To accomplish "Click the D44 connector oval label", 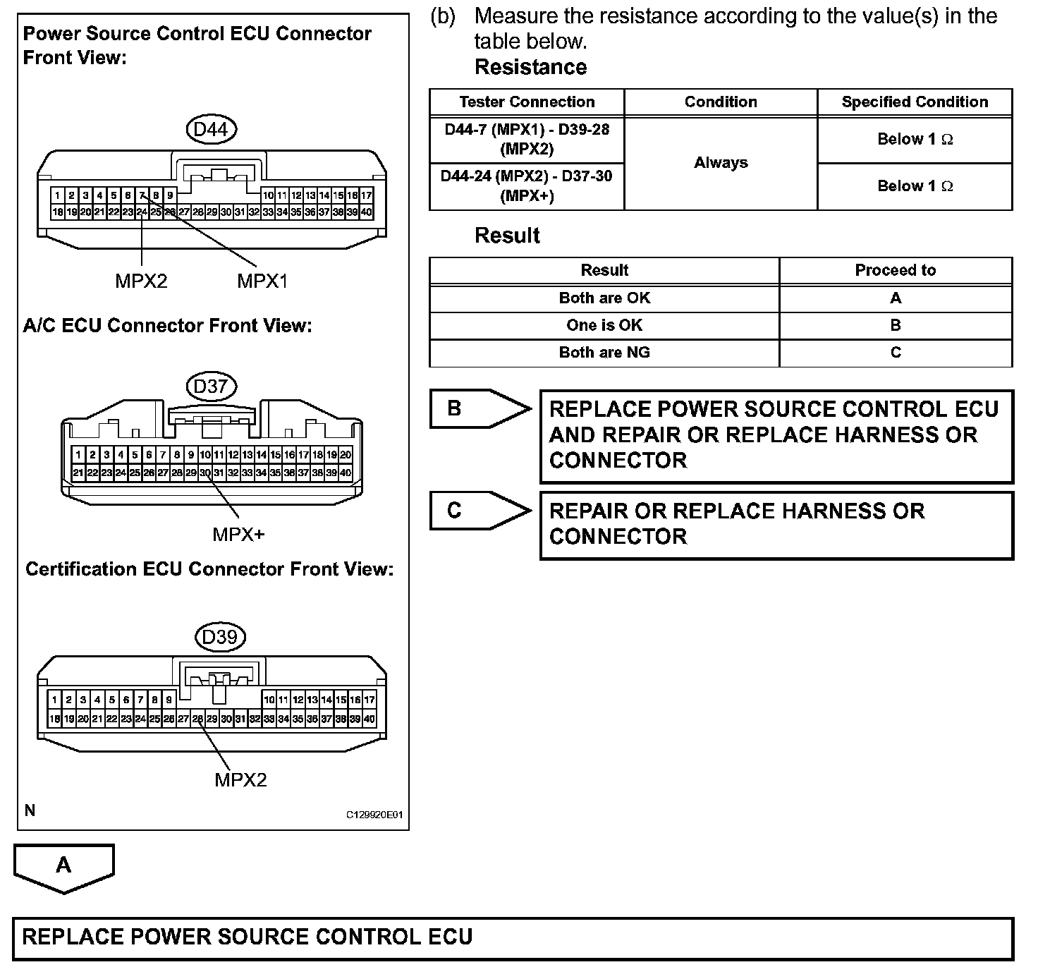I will click(x=211, y=129).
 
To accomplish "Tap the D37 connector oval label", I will click(x=211, y=387).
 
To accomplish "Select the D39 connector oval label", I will click(x=219, y=637).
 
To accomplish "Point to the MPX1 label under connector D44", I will click(x=262, y=281).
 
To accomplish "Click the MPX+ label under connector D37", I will click(x=238, y=535).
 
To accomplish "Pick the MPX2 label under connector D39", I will click(x=240, y=780).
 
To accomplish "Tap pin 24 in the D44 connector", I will click(x=142, y=212).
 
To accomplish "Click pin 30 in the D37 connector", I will click(x=204, y=473).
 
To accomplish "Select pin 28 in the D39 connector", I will click(x=197, y=719).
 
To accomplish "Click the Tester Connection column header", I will click(x=527, y=102).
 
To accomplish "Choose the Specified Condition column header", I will click(x=915, y=102).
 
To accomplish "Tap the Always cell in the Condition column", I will click(x=721, y=163).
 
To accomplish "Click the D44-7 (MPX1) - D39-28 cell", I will click(x=527, y=140).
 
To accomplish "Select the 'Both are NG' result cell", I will click(x=604, y=353).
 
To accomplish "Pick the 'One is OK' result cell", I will click(x=604, y=325).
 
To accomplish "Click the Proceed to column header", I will click(x=895, y=270).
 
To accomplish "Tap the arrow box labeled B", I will click(x=480, y=408).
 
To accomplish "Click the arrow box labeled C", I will click(x=480, y=511).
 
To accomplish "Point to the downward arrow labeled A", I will click(x=63, y=868).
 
